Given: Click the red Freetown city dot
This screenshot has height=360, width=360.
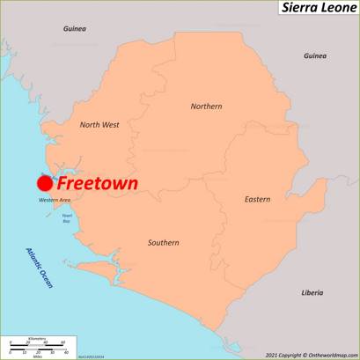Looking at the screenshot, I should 44,183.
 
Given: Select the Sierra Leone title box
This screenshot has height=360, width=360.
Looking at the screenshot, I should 318,8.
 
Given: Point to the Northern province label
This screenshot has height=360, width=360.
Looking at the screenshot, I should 206,107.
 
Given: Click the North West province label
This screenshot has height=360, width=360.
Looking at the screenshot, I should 99,125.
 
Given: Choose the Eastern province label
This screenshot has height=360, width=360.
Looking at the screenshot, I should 257,200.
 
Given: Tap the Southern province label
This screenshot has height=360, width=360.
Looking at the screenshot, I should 163,242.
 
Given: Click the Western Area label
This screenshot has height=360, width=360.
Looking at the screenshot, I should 54,201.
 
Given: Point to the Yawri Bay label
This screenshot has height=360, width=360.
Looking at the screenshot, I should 66,217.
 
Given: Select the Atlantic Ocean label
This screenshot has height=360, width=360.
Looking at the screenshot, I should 40,267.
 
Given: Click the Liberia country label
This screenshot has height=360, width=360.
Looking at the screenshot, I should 312,292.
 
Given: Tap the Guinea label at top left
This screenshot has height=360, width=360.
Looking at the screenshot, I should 74,29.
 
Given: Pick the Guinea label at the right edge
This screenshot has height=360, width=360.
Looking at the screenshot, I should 314,56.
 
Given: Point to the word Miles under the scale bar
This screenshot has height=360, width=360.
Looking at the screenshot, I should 36,356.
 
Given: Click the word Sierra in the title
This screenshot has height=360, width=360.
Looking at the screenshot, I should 298,8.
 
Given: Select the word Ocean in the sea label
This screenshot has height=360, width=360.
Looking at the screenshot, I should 45,279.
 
